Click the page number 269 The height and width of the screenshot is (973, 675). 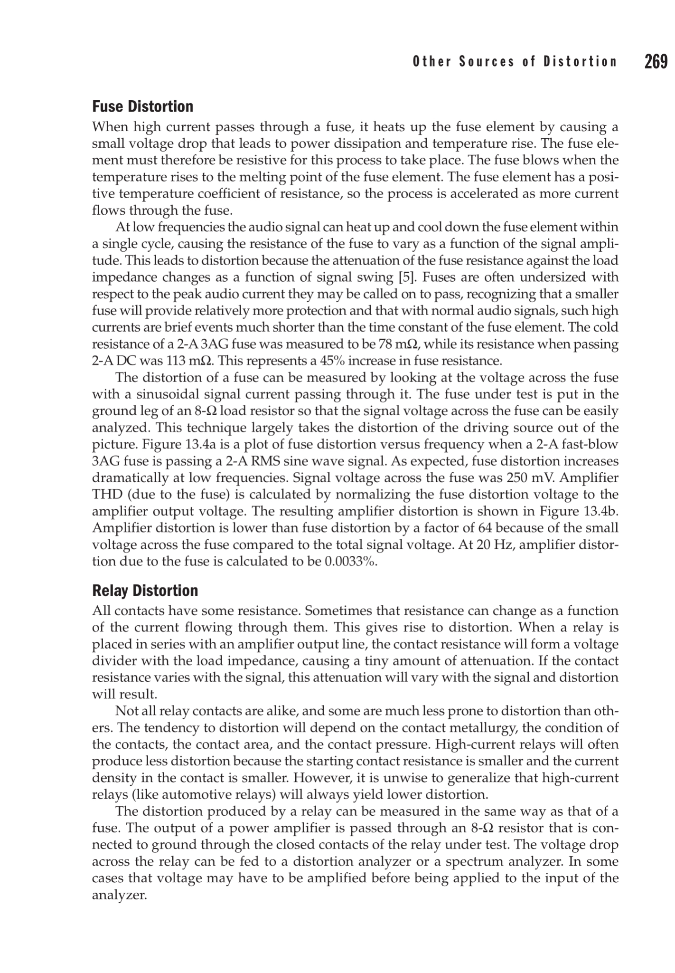[x=656, y=62]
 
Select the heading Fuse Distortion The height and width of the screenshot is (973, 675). [x=142, y=106]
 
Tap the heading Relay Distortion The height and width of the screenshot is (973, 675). [x=145, y=591]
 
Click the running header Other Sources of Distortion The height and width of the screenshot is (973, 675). [x=515, y=62]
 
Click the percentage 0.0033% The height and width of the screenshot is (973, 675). [x=350, y=561]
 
